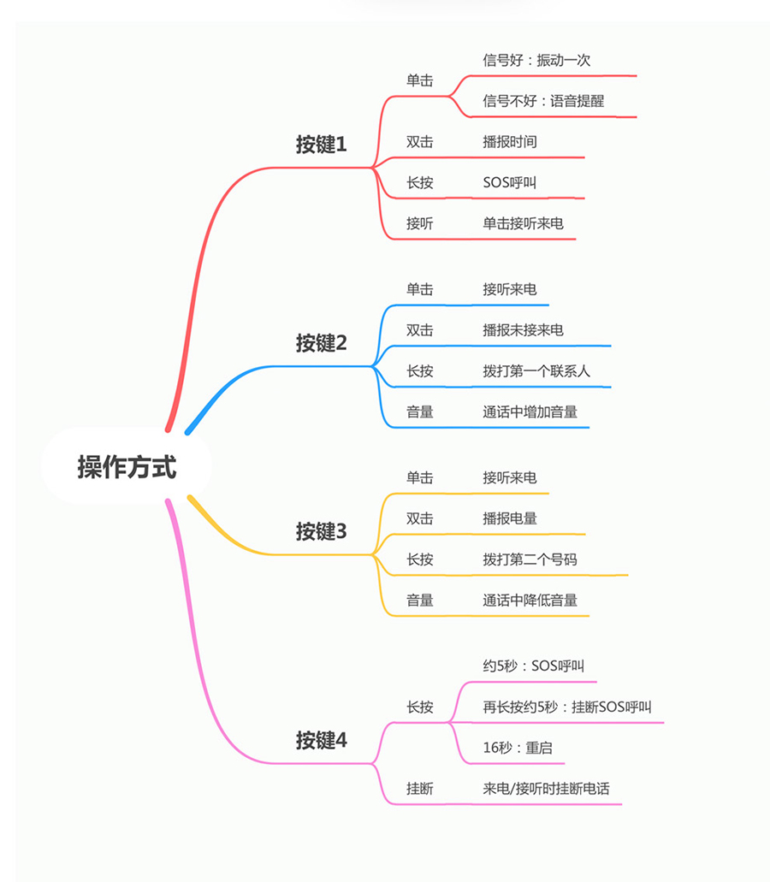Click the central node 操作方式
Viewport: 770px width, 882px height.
(127, 467)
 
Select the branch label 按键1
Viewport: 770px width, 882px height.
(321, 144)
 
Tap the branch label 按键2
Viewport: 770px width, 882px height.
(321, 342)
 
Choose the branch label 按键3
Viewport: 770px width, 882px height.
(321, 531)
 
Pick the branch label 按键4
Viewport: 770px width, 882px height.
(321, 740)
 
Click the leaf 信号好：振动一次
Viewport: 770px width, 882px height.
(536, 60)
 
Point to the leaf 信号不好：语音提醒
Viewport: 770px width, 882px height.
(543, 101)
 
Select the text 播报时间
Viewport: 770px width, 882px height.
(510, 142)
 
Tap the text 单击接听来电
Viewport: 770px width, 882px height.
(523, 223)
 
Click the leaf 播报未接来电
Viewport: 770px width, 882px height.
(523, 330)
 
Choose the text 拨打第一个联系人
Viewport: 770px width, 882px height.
(536, 371)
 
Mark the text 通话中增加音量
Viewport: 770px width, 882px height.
(530, 411)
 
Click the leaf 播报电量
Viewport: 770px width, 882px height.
(510, 518)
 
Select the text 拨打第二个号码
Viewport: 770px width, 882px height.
(530, 559)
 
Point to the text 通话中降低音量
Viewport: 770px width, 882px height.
(530, 601)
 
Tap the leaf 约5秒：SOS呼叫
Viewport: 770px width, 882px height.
(533, 666)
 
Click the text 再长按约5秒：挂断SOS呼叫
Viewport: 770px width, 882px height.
(567, 707)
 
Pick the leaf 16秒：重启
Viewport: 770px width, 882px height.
(518, 748)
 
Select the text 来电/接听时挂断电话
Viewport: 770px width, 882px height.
(546, 789)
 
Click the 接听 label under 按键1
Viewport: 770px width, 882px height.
(420, 223)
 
